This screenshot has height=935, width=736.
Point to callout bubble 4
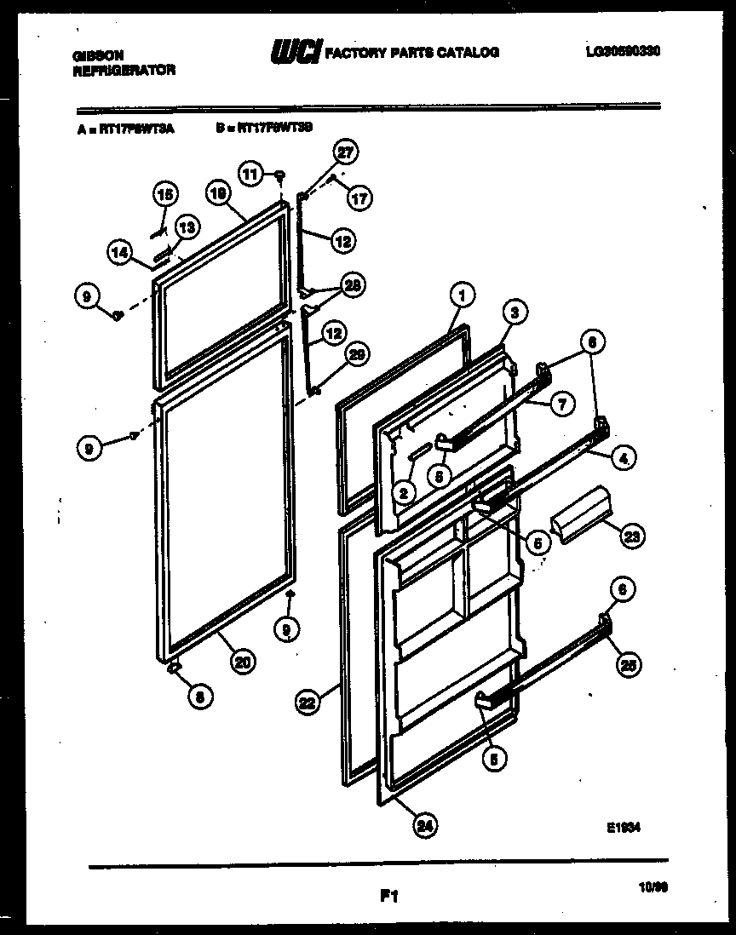tap(624, 457)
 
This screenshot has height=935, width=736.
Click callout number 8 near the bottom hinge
tap(199, 696)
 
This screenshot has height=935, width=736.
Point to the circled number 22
tap(308, 703)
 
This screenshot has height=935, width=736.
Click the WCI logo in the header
tap(295, 53)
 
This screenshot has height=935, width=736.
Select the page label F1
tap(389, 896)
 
